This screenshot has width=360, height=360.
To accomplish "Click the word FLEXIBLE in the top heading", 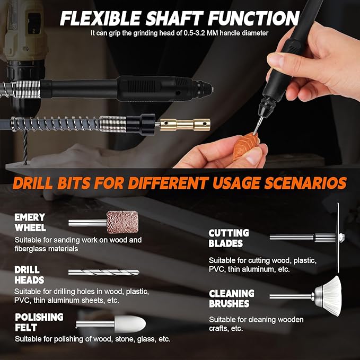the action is [100, 18].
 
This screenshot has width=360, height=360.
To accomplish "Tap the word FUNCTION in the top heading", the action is [254, 18].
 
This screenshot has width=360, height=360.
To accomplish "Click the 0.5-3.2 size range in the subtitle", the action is [195, 33].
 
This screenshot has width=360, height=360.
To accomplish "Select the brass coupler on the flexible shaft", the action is [185, 125].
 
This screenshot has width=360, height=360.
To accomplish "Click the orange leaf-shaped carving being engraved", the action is [244, 146].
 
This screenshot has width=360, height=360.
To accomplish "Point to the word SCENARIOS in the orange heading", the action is [305, 183].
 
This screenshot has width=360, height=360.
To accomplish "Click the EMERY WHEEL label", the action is [30, 222].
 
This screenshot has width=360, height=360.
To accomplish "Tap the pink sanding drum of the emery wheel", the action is [122, 222].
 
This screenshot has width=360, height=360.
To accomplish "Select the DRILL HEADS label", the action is [29, 275].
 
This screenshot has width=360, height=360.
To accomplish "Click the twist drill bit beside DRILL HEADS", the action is [104, 273].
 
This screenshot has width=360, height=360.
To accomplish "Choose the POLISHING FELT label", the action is [39, 322].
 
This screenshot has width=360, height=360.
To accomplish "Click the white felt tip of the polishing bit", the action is [130, 324].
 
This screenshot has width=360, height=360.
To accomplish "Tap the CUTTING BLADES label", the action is [229, 238].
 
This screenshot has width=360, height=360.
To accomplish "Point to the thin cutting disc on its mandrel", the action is [338, 238].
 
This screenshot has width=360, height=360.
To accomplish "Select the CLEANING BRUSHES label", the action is [232, 298].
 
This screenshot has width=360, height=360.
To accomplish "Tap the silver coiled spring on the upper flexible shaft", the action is [27, 89].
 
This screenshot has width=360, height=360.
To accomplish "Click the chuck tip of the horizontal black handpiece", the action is [207, 89].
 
